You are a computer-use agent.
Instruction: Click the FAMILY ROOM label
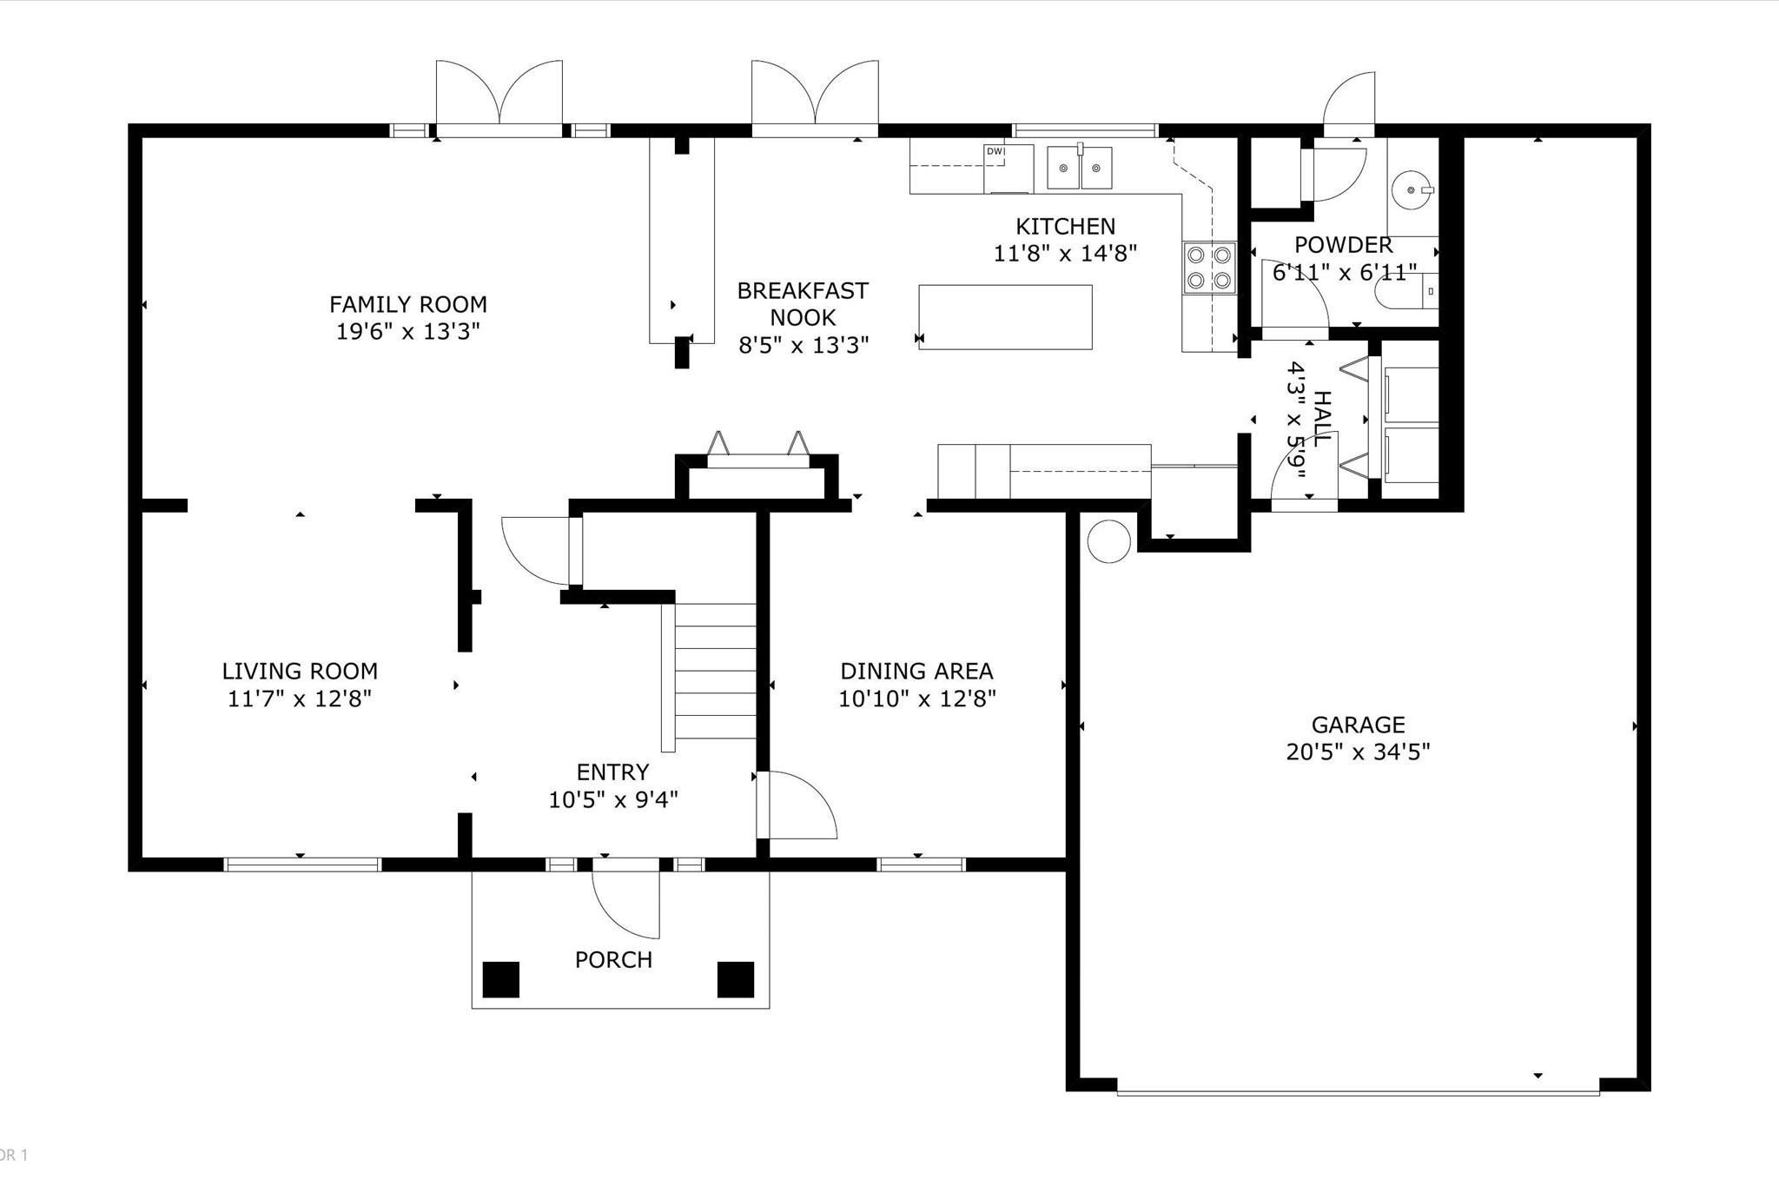pyautogui.click(x=407, y=304)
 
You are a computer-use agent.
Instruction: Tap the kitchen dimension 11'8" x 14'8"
pyautogui.click(x=1065, y=253)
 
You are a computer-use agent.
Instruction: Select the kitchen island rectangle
pyautogui.click(x=1005, y=317)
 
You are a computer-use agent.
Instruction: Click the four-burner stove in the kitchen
pyautogui.click(x=1210, y=268)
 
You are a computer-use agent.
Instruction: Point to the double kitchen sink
pyautogui.click(x=1080, y=168)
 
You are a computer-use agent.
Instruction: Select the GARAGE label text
pyautogui.click(x=1358, y=724)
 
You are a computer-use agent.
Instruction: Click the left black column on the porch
pyautogui.click(x=500, y=979)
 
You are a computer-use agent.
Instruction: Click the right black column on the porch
pyautogui.click(x=735, y=979)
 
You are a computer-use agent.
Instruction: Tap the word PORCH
pyautogui.click(x=613, y=959)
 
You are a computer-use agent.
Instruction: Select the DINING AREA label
pyautogui.click(x=916, y=671)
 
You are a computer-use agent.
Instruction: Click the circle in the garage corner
pyautogui.click(x=1108, y=541)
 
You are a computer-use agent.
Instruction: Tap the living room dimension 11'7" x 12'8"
pyautogui.click(x=300, y=699)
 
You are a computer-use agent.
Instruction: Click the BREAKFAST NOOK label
pyautogui.click(x=803, y=303)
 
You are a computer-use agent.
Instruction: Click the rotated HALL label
pyautogui.click(x=1321, y=419)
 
